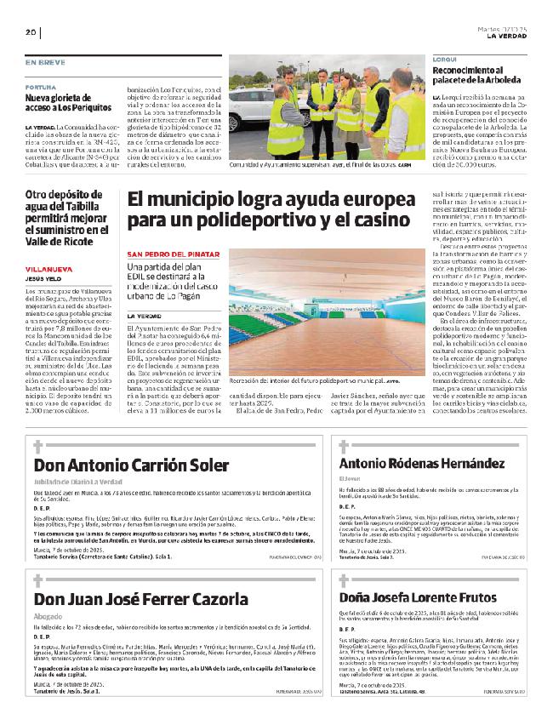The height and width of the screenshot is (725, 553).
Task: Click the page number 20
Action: tap(30, 32)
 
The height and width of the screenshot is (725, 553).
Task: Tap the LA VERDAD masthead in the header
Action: tap(507, 36)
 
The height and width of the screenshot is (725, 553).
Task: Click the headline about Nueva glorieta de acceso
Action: tap(68, 103)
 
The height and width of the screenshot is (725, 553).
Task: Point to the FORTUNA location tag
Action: tap(41, 86)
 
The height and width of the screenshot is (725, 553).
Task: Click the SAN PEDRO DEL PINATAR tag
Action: tap(174, 254)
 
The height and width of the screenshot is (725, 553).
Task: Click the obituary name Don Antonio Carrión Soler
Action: tap(131, 465)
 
